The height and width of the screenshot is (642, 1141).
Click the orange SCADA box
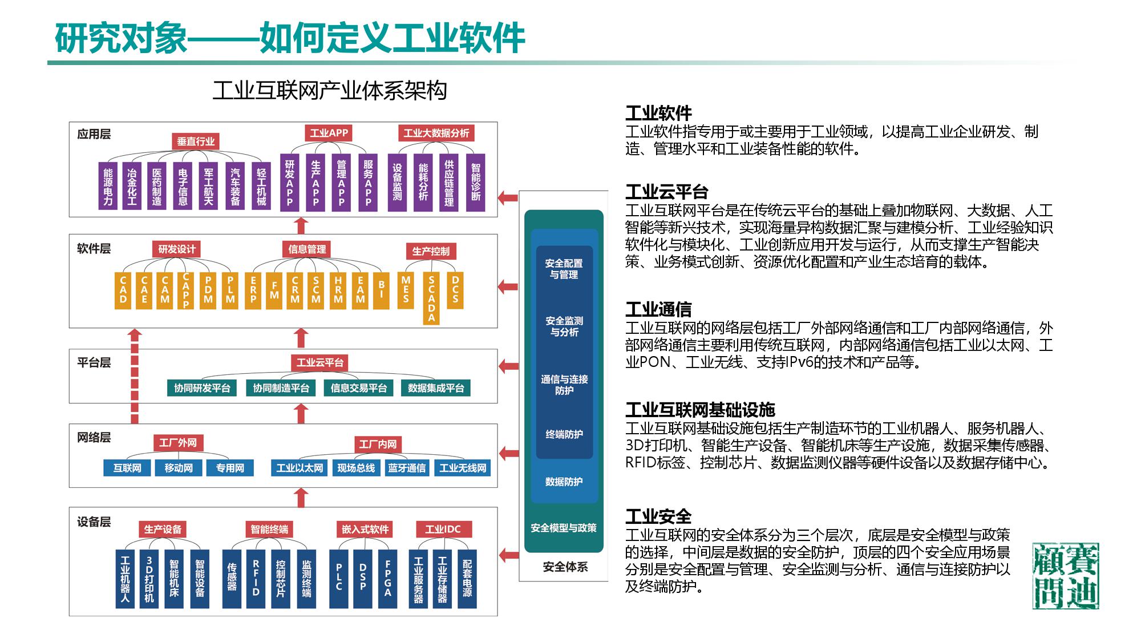click(431, 298)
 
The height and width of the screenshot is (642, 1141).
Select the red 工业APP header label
click(329, 133)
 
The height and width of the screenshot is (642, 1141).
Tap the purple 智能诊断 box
click(475, 182)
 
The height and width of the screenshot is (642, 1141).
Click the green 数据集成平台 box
click(436, 388)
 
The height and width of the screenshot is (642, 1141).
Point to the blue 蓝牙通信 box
click(407, 468)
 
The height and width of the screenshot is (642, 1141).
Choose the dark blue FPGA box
click(388, 578)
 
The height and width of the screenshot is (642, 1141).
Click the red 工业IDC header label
click(443, 529)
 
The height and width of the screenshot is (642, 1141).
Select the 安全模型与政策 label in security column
click(564, 528)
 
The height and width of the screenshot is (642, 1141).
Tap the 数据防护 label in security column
click(564, 482)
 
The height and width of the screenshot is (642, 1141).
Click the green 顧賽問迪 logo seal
click(1065, 575)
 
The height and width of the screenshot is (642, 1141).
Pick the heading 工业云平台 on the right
click(666, 192)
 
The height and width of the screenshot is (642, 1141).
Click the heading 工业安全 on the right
click(658, 516)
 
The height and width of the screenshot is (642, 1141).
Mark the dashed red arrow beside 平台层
click(135, 377)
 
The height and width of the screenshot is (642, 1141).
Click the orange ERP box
click(253, 290)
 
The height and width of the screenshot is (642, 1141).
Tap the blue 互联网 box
click(127, 468)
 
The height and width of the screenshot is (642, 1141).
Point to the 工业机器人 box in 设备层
click(125, 578)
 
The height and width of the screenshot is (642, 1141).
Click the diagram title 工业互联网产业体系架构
click(329, 91)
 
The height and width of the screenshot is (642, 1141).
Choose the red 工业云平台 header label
click(319, 362)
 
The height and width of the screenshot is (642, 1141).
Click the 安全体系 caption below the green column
click(565, 567)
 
